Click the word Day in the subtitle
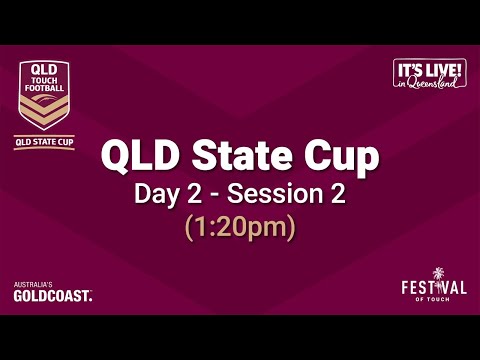pos(157,194)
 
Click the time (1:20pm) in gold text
pos(240,227)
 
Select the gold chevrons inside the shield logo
pos(45,113)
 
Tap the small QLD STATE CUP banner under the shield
pos(45,142)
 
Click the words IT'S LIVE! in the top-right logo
pos(431,69)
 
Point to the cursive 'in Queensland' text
pos(431,84)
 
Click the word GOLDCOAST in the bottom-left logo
pos(52,296)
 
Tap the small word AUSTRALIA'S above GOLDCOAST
pos(32,285)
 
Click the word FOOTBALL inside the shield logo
pos(45,88)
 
